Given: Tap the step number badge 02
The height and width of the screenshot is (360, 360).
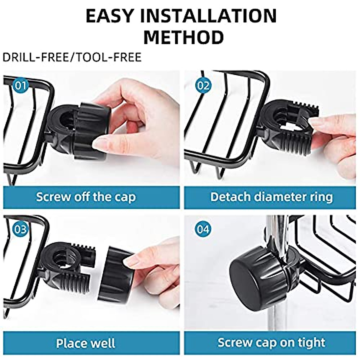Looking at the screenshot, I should (203, 86).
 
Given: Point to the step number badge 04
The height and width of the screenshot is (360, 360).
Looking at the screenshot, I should (203, 230).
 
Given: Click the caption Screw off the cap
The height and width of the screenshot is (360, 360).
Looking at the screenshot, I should (86, 197).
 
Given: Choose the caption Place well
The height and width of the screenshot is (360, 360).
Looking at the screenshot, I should (86, 343).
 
